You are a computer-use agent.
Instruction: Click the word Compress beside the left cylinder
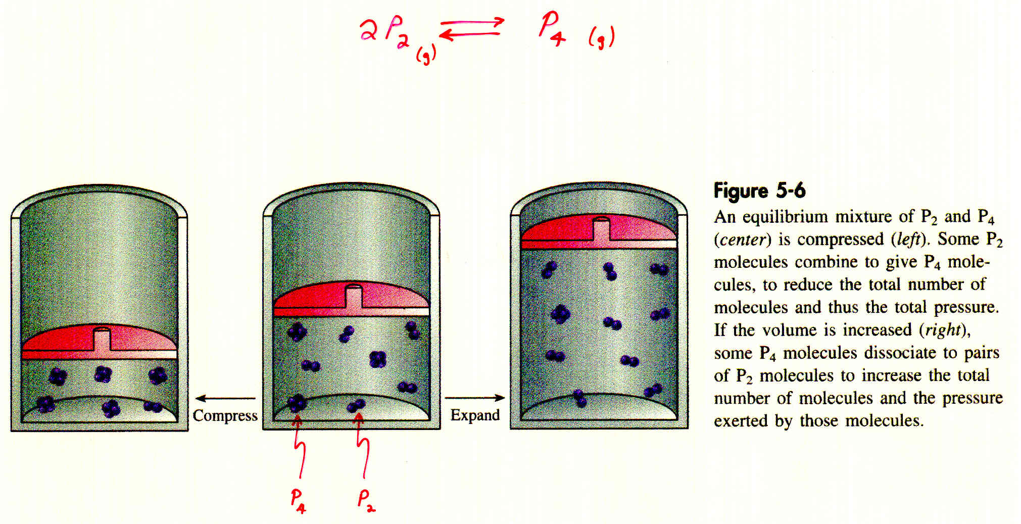pos(225,416)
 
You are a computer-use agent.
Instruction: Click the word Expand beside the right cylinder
pos(475,415)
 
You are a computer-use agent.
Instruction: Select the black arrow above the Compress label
pos(225,399)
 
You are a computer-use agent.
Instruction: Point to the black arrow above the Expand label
pos(474,398)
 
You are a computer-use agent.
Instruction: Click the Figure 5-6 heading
pos(759,190)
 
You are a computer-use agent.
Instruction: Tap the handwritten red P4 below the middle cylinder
pos(298,501)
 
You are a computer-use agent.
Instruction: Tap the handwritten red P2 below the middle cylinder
pos(366,500)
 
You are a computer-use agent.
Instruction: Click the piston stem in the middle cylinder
pos(354,296)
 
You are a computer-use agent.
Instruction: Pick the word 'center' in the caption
pos(743,239)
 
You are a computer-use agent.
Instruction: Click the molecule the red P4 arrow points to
pos(297,403)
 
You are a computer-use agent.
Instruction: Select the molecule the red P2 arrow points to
pos(357,405)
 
